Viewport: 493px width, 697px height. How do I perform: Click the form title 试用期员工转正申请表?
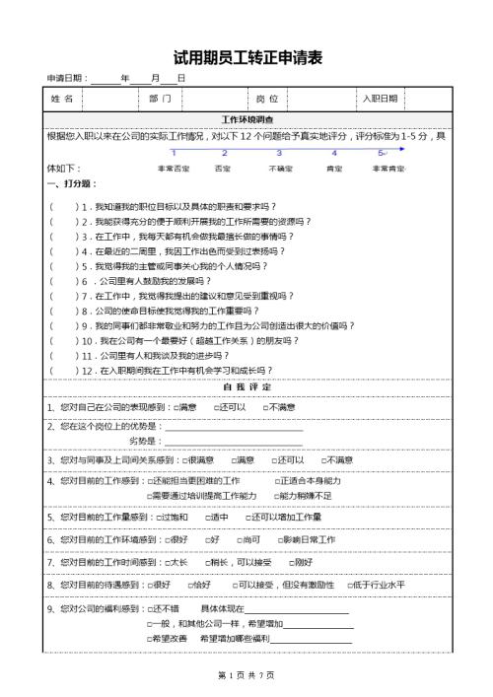click(x=247, y=58)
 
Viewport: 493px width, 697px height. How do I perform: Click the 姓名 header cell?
click(x=61, y=100)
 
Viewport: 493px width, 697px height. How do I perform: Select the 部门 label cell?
click(x=161, y=100)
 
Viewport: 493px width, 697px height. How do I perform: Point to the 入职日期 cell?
click(x=380, y=100)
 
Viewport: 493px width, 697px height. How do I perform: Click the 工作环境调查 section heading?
click(x=246, y=119)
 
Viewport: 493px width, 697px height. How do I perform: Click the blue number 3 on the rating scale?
click(x=279, y=153)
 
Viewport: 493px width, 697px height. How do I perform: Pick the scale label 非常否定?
click(x=174, y=169)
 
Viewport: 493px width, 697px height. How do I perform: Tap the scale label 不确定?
click(x=280, y=169)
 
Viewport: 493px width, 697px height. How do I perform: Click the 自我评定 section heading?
click(x=246, y=386)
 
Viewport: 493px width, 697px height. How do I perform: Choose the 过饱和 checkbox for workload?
click(x=160, y=518)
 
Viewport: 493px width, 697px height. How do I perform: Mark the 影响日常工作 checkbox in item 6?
click(x=279, y=540)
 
